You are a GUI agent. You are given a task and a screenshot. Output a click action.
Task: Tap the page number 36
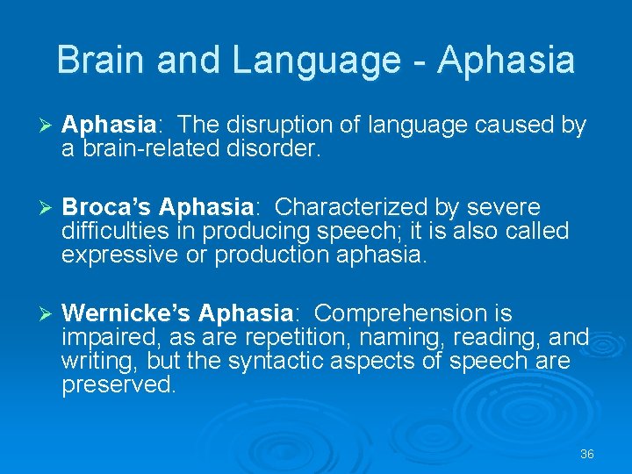(587, 454)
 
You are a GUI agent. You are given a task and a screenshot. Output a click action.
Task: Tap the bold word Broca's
(108, 207)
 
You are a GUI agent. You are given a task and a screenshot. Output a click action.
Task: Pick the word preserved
(118, 384)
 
